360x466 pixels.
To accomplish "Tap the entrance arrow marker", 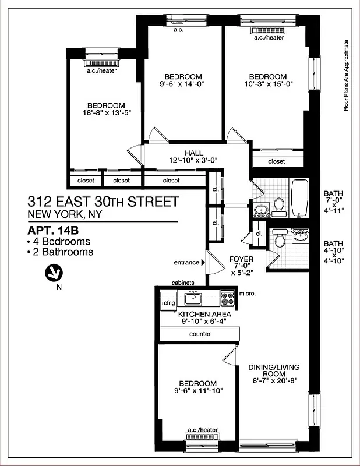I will pos(203,263).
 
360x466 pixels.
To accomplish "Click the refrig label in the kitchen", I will pos(168,303).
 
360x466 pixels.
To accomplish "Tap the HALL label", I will pos(178,153).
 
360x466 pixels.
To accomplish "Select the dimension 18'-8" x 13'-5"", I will pos(105,113).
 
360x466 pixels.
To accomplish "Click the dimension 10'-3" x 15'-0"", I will pos(267,84).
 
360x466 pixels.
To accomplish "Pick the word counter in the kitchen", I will pos(200,334).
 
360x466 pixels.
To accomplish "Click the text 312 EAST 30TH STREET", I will pos(103,202).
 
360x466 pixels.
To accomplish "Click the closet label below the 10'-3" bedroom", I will pos(277,161).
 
